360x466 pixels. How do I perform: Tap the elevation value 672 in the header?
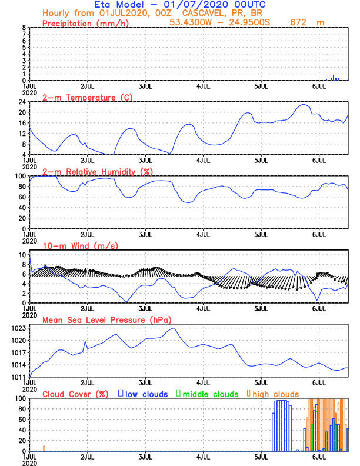(300, 22)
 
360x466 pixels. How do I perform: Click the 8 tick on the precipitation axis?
(24, 28)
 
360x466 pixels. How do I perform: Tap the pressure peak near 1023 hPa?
(174, 328)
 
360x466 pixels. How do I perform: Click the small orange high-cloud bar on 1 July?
(44, 448)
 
